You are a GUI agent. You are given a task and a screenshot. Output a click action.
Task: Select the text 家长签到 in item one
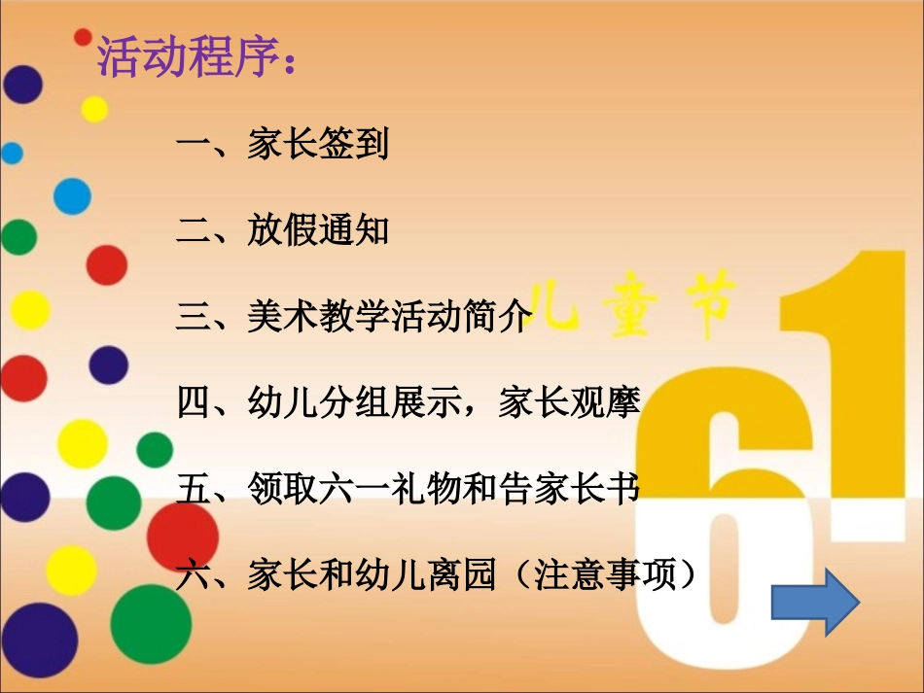[x=318, y=145]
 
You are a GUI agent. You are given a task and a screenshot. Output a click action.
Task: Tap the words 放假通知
[x=318, y=230]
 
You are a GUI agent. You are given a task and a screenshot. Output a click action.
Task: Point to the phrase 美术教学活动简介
[x=389, y=316]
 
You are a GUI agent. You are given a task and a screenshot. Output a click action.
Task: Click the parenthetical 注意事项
[x=617, y=574]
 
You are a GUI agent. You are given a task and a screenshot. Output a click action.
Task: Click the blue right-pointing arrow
[x=814, y=602]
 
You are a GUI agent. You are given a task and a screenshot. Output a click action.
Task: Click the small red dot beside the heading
[x=83, y=37]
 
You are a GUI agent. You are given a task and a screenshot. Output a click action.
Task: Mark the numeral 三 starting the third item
[x=193, y=317]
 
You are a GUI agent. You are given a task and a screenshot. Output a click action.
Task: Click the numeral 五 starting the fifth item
[x=193, y=488]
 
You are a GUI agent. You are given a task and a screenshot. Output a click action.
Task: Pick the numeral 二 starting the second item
[x=193, y=231]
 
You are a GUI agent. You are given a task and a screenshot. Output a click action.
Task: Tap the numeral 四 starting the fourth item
[x=193, y=402]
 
